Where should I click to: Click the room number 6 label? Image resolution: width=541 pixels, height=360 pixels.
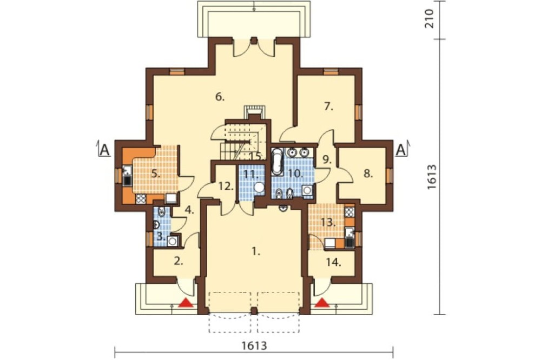(220, 97)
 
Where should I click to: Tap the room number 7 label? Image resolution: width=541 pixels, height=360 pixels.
(329, 106)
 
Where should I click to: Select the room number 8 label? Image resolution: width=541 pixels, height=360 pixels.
(368, 174)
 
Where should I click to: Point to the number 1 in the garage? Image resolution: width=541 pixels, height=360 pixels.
(255, 251)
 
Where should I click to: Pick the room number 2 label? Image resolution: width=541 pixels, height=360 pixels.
(178, 262)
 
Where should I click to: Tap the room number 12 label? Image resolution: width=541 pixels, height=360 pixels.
(226, 186)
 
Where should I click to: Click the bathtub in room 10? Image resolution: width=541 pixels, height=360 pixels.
(276, 162)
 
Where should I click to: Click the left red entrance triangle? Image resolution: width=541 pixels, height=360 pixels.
(186, 303)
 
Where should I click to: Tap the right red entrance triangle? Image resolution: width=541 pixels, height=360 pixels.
(322, 303)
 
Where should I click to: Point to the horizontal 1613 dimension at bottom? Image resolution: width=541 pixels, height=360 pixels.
(254, 345)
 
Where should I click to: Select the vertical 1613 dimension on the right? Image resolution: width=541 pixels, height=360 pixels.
(431, 177)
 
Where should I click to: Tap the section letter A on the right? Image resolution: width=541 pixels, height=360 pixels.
(400, 150)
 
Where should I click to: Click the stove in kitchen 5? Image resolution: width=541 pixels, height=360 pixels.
(141, 199)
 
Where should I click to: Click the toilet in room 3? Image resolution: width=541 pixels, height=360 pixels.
(161, 212)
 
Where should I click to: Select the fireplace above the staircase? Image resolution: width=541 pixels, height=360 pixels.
(255, 110)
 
